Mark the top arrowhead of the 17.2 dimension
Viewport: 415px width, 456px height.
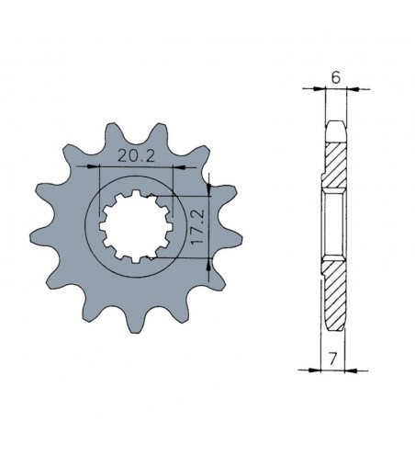point(210,188)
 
